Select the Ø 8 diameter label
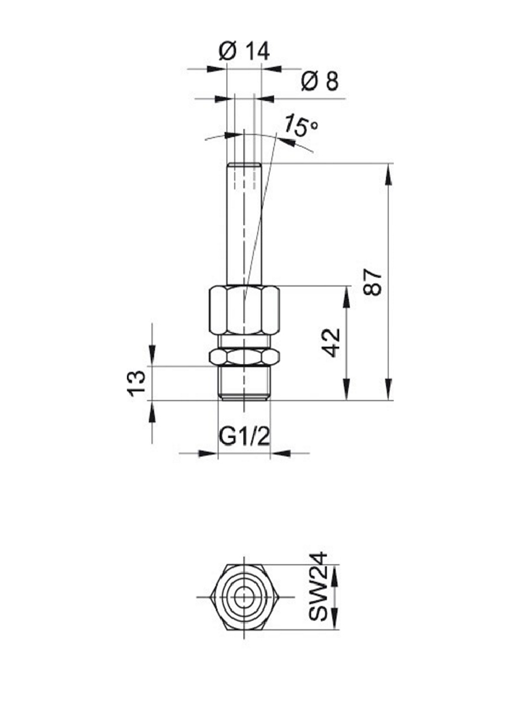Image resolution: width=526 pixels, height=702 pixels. (320, 81)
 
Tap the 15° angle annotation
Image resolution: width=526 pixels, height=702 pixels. (301, 125)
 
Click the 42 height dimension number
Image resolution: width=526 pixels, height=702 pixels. (332, 343)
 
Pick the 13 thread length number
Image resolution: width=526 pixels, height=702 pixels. (137, 383)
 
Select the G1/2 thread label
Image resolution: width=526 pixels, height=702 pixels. (244, 437)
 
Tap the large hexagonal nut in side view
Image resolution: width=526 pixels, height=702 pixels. (244, 311)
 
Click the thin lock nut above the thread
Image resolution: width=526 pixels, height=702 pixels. (244, 357)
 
